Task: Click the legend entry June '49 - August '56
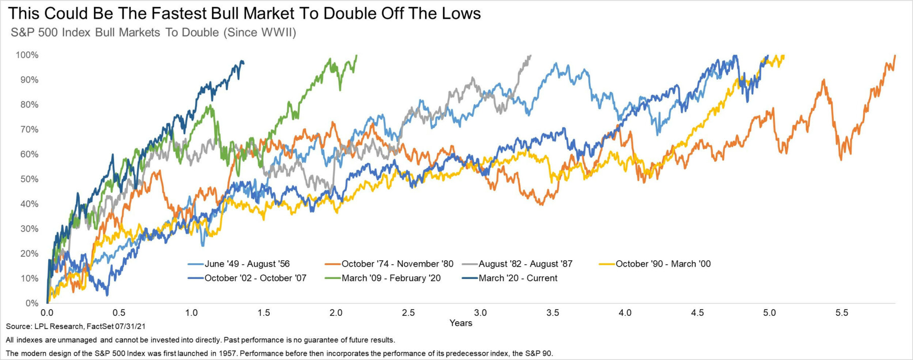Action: coord(247,264)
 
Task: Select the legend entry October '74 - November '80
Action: coord(397,264)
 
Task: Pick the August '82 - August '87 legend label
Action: coord(525,264)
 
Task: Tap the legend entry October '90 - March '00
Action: coord(663,264)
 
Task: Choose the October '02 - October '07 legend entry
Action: coord(255,278)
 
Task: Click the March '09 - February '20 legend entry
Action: coord(391,278)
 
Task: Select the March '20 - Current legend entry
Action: coord(517,278)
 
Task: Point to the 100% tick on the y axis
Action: coord(27,55)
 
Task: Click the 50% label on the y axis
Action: coord(29,179)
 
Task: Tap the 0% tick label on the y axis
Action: coord(31,303)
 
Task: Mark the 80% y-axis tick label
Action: coord(29,104)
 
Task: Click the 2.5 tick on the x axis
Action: coord(408,313)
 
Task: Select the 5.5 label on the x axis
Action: coord(842,313)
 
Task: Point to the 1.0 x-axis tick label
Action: coord(191,313)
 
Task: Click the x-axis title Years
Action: coord(461,323)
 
